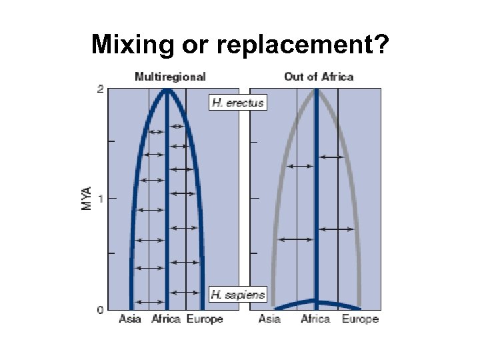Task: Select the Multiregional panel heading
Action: (170, 77)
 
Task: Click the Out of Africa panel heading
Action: (319, 77)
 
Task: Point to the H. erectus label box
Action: (238, 103)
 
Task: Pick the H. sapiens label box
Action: (238, 294)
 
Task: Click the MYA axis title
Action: (87, 198)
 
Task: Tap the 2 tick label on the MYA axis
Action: (100, 89)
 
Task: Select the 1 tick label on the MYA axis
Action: (100, 198)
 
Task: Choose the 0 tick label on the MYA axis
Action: (100, 310)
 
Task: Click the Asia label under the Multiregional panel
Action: (130, 319)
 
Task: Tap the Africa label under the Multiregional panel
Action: (166, 319)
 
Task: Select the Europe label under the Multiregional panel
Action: (205, 319)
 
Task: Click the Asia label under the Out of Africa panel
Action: (269, 319)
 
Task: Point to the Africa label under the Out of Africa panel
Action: (315, 319)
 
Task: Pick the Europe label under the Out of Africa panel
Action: (360, 319)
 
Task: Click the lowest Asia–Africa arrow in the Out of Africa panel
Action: (297, 239)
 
